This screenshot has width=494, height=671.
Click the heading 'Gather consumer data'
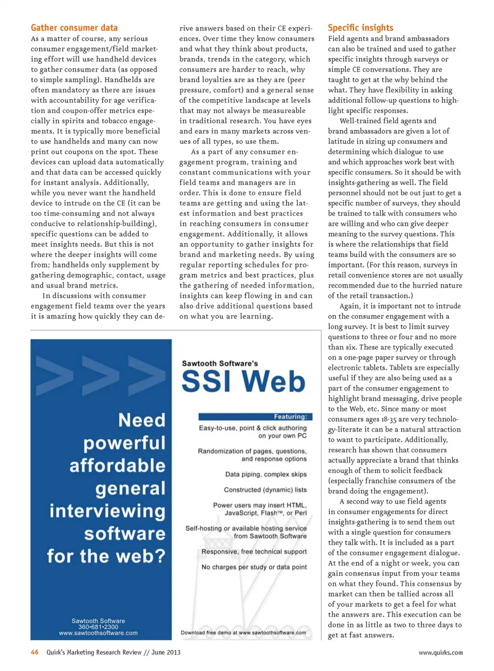click(x=74, y=28)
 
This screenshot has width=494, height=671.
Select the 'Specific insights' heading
click(x=360, y=28)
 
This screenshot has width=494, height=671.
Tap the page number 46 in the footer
click(x=34, y=652)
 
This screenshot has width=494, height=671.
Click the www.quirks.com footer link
click(x=440, y=652)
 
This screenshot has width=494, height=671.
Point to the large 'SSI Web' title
click(x=243, y=382)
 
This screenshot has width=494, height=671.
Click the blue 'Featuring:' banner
click(x=253, y=416)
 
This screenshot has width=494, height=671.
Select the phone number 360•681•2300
click(x=98, y=627)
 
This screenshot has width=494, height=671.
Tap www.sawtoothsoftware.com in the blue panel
click(x=98, y=633)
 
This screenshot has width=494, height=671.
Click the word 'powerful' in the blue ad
click(x=124, y=443)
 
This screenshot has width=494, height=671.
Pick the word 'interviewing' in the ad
click(x=107, y=511)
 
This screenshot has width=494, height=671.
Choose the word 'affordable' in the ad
click(x=117, y=465)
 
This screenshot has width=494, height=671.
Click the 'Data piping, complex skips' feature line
click(x=266, y=474)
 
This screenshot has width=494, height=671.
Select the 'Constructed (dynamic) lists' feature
click(x=265, y=489)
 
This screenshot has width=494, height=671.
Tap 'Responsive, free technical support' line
click(x=254, y=551)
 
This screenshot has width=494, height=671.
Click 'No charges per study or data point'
click(x=254, y=567)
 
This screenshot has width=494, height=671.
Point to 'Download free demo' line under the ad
click(x=243, y=632)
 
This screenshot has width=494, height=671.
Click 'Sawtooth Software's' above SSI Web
click(x=220, y=363)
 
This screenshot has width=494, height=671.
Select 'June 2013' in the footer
click(x=166, y=652)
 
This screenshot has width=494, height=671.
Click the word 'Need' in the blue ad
click(x=142, y=420)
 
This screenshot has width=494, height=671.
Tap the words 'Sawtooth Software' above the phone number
click(x=98, y=621)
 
